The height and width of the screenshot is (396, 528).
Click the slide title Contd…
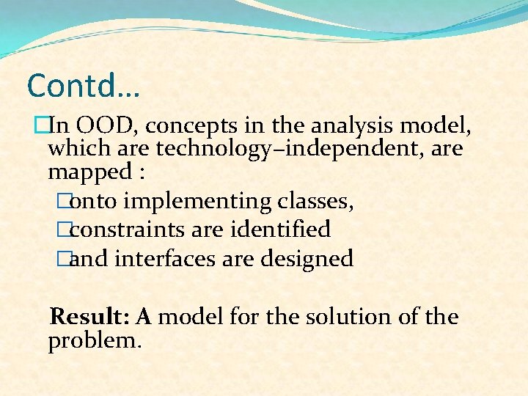click(83, 86)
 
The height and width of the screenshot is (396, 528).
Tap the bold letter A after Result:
click(144, 317)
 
